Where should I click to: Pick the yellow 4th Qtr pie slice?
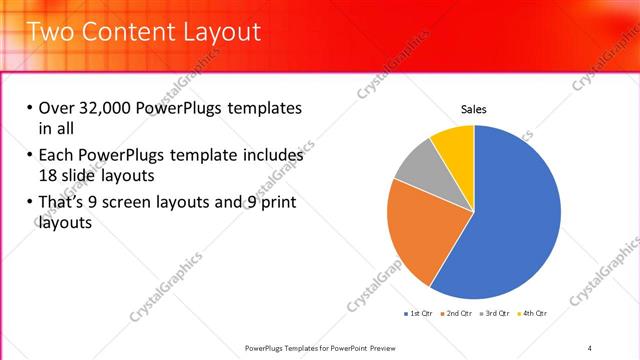click(x=455, y=141)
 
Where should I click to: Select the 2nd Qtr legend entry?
click(x=456, y=313)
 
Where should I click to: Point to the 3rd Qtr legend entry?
click(x=495, y=313)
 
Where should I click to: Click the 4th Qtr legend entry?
click(x=533, y=313)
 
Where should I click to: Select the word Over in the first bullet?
click(x=58, y=108)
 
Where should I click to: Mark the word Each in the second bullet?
click(x=58, y=155)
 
